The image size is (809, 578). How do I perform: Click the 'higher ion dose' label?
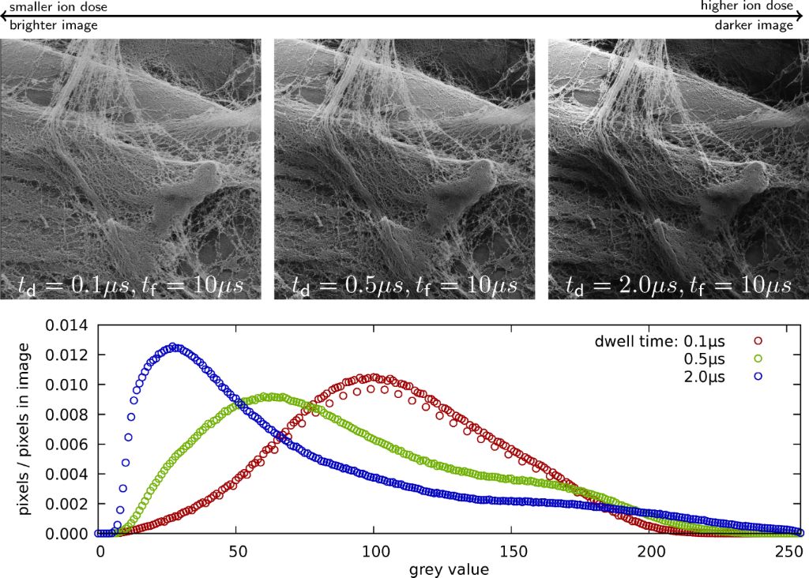click(747, 6)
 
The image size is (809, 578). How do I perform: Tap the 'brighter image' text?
click(54, 25)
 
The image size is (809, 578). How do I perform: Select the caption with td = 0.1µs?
click(130, 284)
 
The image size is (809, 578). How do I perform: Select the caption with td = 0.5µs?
click(404, 284)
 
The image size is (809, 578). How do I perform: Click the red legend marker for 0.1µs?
click(759, 341)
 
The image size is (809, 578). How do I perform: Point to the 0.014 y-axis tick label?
click(68, 325)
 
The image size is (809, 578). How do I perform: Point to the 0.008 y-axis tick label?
click(68, 415)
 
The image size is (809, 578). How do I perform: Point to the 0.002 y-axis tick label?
click(68, 504)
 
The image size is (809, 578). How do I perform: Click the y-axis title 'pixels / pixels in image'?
click(25, 429)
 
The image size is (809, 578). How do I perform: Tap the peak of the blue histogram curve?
click(172, 347)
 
